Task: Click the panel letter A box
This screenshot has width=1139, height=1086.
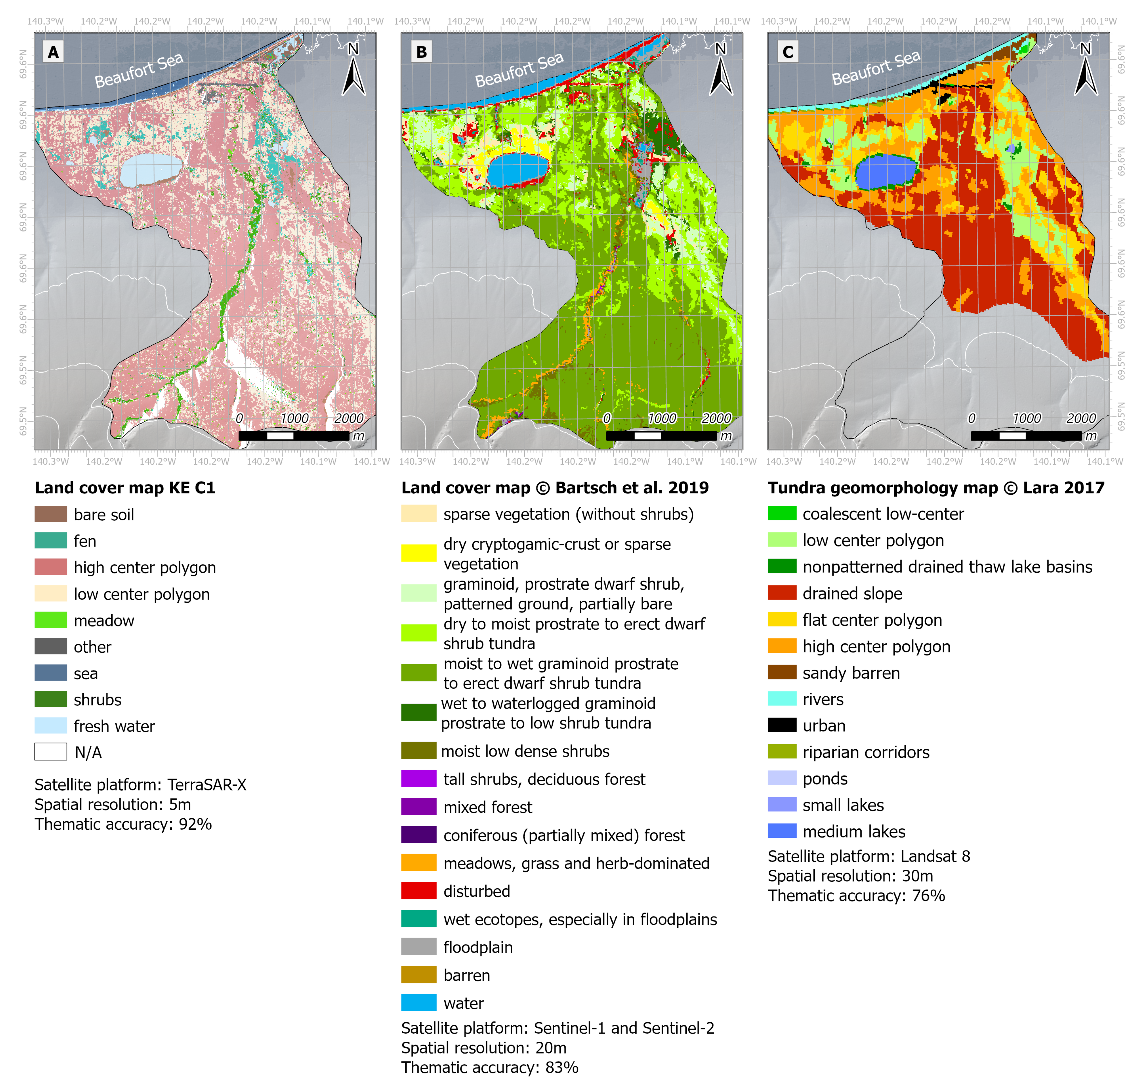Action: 53,52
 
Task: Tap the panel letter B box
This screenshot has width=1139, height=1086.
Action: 421,52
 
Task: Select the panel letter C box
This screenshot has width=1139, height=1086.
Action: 788,52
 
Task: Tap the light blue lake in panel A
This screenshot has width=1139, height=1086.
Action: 150,170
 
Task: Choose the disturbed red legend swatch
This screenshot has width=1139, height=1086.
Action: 419,890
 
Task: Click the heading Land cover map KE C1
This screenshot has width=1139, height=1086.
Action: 125,487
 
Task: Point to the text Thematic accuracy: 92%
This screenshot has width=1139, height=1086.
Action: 123,824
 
